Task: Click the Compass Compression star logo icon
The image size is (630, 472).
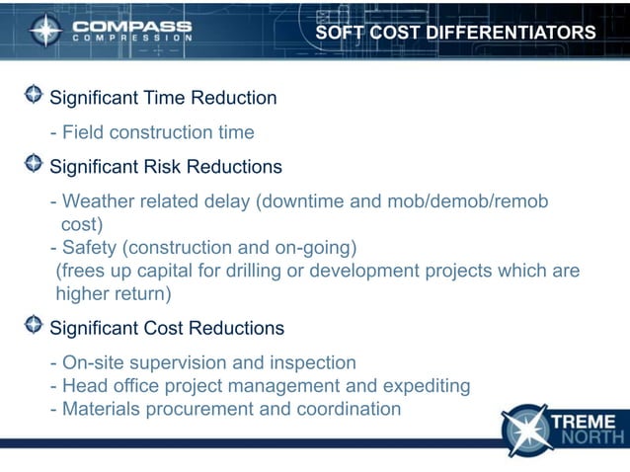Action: [45, 31]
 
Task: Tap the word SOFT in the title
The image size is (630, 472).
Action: [339, 33]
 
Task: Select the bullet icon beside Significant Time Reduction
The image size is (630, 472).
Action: [34, 96]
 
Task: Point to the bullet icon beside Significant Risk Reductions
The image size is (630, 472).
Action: [34, 164]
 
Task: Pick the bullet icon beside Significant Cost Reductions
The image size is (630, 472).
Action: [34, 325]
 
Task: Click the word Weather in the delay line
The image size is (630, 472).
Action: [97, 201]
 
